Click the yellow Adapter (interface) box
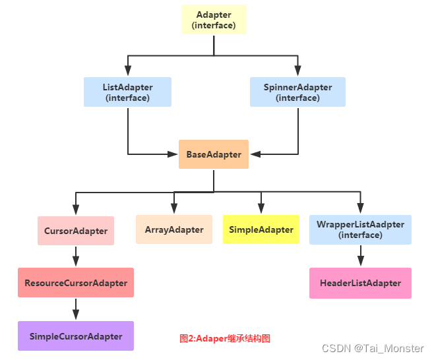coord(214,20)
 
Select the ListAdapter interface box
coord(127,92)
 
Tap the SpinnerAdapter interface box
coord(297,92)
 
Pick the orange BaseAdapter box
coord(214,154)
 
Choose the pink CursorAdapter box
coord(76,231)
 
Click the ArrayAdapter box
coord(174,229)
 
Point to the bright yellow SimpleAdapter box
coord(261,229)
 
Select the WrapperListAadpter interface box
coord(360,229)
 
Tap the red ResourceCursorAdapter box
coord(76,283)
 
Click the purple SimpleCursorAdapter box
coord(76,336)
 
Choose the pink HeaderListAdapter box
coord(360,283)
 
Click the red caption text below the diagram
coord(225,338)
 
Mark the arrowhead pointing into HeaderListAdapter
coord(360,262)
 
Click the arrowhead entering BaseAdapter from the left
coord(173,154)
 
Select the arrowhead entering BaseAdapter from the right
coord(255,154)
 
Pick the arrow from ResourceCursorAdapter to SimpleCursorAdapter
coord(76,309)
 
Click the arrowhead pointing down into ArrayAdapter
coord(174,210)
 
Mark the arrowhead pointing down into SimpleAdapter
coord(261,210)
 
